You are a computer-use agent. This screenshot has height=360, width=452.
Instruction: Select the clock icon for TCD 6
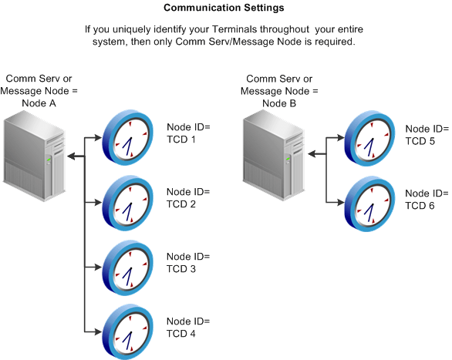369,203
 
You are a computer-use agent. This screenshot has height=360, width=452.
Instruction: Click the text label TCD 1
183,140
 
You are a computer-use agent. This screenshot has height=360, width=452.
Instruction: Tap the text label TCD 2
183,204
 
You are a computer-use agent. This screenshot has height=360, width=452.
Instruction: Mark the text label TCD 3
183,269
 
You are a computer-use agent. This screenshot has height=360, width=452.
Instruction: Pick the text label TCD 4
183,334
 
